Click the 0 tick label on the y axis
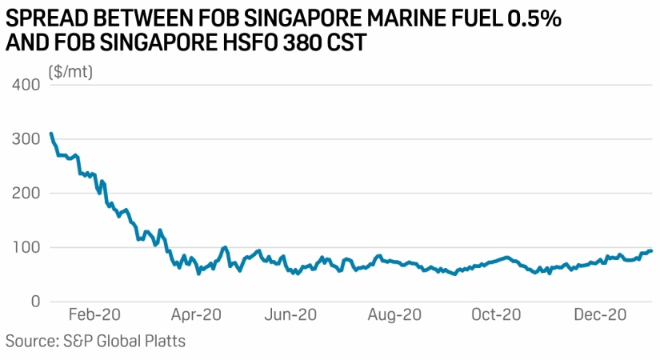pos(35,302)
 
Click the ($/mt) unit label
pos(71,72)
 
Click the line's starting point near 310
pos(51,134)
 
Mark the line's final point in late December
pos(651,250)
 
